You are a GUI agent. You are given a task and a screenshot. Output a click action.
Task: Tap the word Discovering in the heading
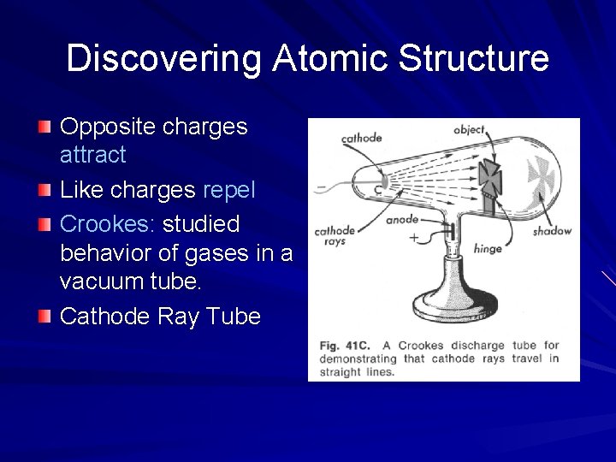(165, 58)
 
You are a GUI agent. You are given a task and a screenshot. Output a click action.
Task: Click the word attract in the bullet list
(93, 155)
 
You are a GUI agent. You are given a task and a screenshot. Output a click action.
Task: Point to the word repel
(229, 190)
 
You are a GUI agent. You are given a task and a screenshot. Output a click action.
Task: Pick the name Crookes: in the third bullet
(107, 224)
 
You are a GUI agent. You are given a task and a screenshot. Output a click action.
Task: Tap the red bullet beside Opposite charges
(44, 127)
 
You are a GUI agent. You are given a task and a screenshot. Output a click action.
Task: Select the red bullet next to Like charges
(44, 190)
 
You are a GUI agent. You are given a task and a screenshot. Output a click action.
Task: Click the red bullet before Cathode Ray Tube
(44, 317)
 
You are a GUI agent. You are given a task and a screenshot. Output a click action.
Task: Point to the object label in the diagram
(469, 130)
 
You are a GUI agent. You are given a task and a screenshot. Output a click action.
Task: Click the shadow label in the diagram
(551, 231)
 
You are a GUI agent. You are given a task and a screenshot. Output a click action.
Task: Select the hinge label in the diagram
(488, 249)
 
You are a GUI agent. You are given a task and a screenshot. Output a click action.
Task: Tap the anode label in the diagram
(401, 220)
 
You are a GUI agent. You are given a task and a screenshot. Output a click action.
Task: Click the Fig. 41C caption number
(341, 346)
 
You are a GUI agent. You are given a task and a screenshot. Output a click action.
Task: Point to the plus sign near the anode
(414, 239)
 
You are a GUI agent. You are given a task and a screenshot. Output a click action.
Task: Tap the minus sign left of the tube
(320, 186)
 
